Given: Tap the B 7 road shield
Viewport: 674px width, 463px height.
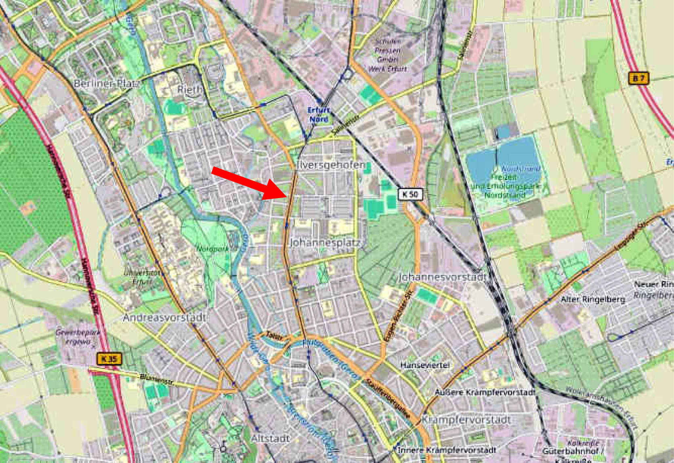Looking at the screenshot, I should [x=638, y=78].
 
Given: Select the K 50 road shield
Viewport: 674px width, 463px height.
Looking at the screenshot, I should [x=411, y=195].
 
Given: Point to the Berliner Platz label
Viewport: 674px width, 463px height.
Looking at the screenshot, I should [x=106, y=84].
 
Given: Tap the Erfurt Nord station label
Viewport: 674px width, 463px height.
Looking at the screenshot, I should [x=319, y=114].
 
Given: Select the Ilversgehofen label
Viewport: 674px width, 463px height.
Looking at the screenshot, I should [x=331, y=165].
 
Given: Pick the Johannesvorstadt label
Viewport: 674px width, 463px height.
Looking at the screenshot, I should [x=442, y=277].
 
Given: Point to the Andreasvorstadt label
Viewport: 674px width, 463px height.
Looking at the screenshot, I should [x=164, y=318].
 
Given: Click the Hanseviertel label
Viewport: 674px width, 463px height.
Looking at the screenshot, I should [x=425, y=365].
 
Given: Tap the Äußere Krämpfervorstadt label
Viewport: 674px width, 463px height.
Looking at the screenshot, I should [x=485, y=392].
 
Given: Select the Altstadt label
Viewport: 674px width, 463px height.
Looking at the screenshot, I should [x=270, y=439].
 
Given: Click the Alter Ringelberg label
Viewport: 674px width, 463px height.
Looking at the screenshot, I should [x=593, y=300].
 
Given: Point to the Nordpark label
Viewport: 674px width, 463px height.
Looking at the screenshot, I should [x=213, y=248].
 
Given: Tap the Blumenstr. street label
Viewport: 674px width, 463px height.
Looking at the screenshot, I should [x=158, y=380].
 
